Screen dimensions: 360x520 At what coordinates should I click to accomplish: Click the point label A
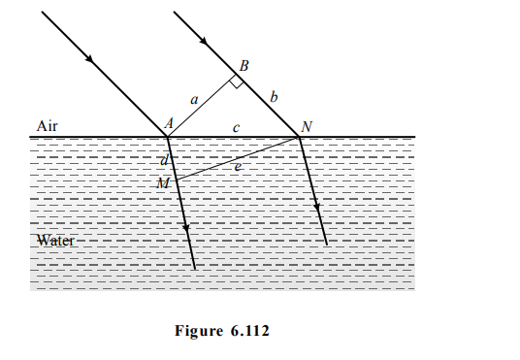pos(168,125)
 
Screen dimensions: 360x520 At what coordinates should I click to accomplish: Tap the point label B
pos(244,66)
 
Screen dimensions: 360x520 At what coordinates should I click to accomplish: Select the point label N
pos(307,126)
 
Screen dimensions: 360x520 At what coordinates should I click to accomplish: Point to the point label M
pos(162,182)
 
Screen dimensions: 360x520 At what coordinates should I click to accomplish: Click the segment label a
pos(194,99)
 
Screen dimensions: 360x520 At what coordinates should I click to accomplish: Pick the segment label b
pos(274,97)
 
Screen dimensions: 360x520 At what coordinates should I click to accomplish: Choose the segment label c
pos(237,127)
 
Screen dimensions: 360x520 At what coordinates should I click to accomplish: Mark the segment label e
pos(238,167)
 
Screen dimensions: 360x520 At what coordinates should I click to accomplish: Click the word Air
pos(48,126)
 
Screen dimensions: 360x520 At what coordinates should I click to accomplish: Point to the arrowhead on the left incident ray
pos(91,61)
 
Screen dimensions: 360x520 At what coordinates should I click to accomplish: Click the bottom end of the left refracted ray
pos(194,268)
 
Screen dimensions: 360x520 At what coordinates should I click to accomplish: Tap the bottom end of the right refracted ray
pos(327,244)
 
